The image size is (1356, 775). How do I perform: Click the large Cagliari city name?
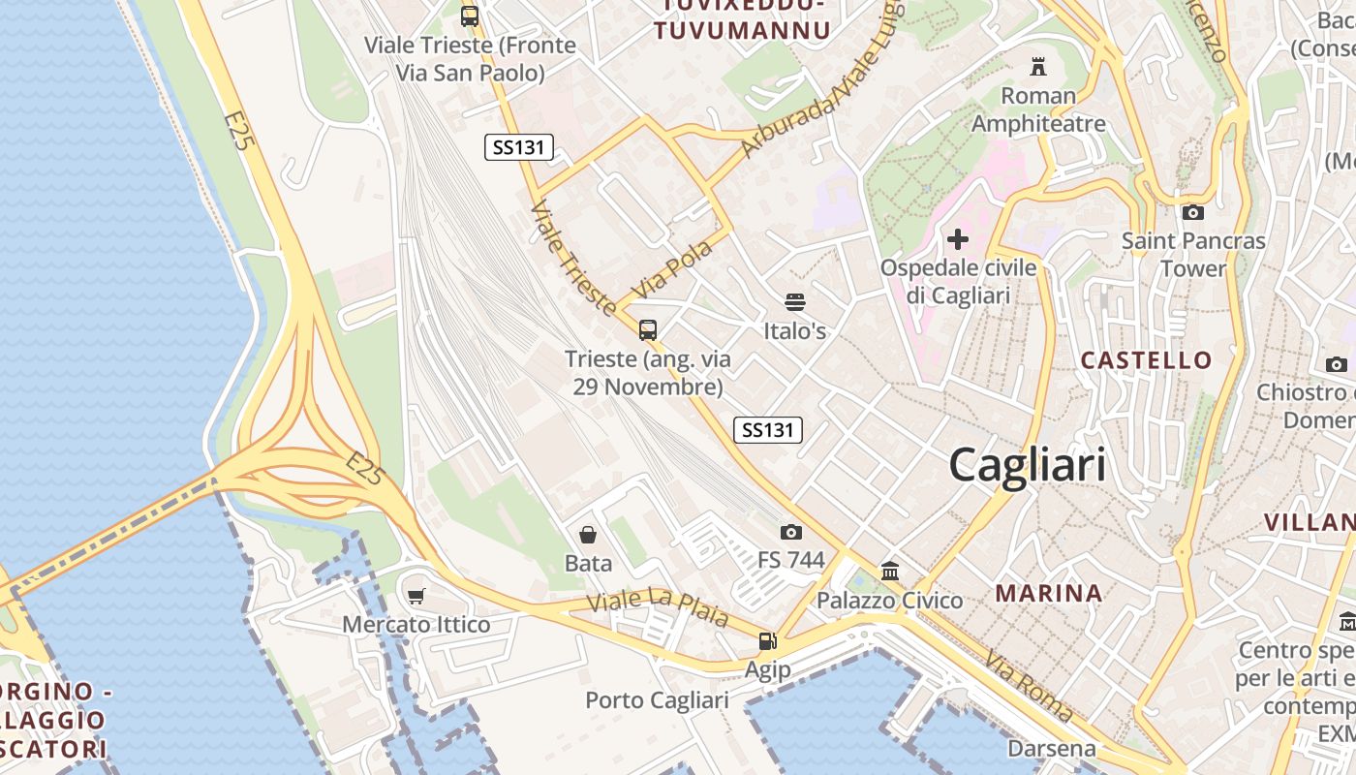click(x=1027, y=465)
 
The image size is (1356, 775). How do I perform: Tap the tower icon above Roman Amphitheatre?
click(x=1038, y=67)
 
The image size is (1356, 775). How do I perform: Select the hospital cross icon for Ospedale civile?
click(x=958, y=239)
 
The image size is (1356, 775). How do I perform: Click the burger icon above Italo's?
click(x=795, y=302)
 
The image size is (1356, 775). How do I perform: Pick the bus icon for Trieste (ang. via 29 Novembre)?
click(x=648, y=330)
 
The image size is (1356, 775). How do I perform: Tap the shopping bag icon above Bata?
click(x=588, y=535)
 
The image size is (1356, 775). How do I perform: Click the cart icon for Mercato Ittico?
click(x=416, y=596)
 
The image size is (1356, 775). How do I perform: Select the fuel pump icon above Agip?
click(x=767, y=640)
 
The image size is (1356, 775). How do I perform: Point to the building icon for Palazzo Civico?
click(x=890, y=572)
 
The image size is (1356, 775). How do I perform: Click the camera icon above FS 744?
click(x=791, y=532)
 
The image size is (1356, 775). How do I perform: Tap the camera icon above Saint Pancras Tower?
click(x=1193, y=212)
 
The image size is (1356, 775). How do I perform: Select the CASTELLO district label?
click(x=1146, y=360)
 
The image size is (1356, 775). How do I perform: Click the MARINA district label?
click(x=1049, y=593)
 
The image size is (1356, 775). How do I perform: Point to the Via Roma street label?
click(x=1029, y=686)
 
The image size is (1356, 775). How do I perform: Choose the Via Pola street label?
click(x=671, y=268)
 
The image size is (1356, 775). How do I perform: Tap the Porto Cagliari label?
click(x=657, y=700)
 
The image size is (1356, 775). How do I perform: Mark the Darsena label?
click(x=1052, y=748)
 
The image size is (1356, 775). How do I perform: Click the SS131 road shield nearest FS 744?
click(x=768, y=430)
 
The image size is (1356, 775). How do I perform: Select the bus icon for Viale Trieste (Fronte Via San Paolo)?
click(x=470, y=16)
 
